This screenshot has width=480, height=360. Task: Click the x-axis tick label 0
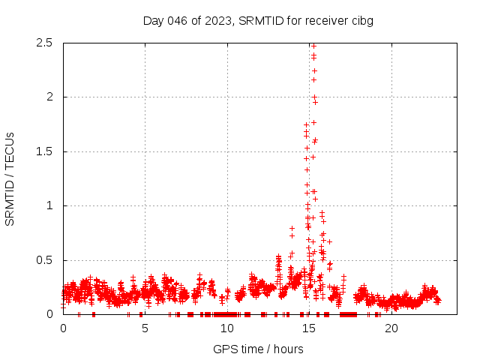(63, 328)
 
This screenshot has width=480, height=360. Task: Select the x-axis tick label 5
(145, 328)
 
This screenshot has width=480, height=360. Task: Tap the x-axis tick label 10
(226, 328)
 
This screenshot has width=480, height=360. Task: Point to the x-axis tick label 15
(308, 328)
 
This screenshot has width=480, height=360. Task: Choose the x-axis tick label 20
(390, 328)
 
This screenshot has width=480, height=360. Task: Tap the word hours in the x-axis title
(287, 349)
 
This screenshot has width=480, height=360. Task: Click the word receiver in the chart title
(322, 20)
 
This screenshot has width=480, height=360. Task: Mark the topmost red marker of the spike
(313, 46)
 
